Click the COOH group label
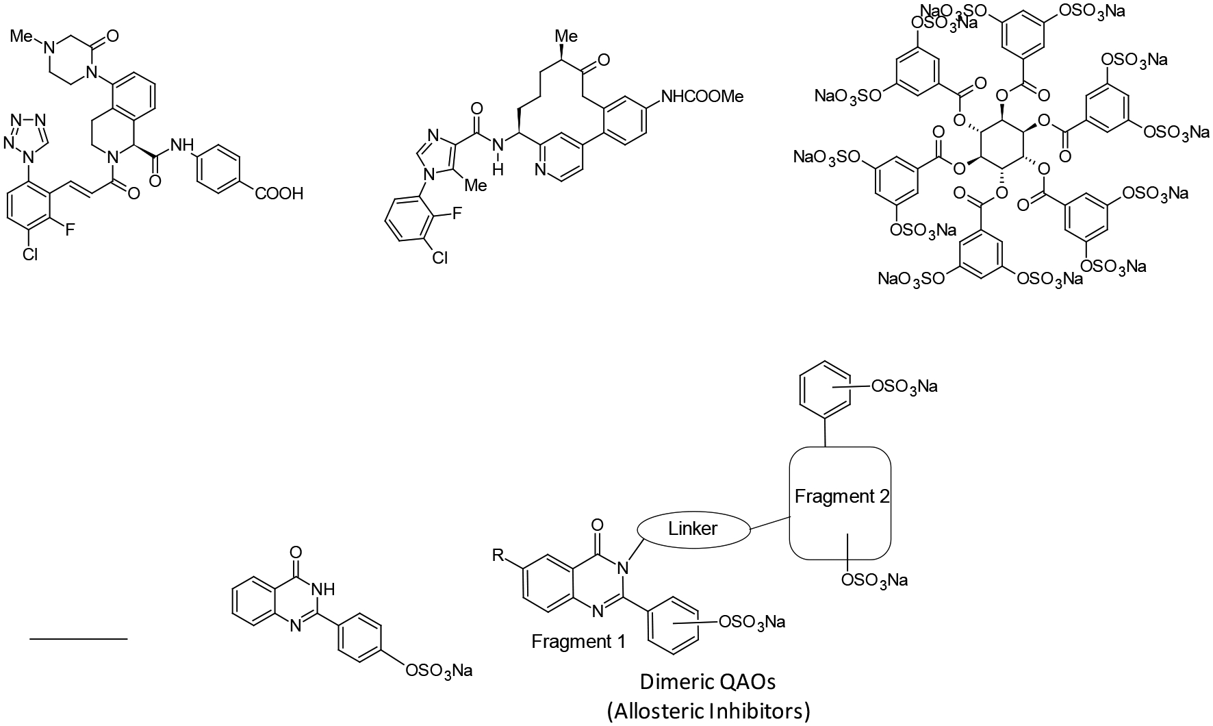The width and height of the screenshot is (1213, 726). (x=279, y=194)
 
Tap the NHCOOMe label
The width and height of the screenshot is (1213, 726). (x=701, y=97)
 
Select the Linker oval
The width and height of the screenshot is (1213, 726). (x=694, y=528)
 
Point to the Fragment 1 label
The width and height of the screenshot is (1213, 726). (x=578, y=642)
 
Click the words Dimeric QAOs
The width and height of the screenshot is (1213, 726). (x=708, y=682)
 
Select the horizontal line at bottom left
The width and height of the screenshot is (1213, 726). (x=79, y=639)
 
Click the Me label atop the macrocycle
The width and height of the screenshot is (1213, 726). (x=565, y=35)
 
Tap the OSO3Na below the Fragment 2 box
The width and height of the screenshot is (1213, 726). (x=874, y=580)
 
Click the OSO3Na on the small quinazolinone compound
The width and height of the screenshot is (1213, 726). (x=439, y=669)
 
